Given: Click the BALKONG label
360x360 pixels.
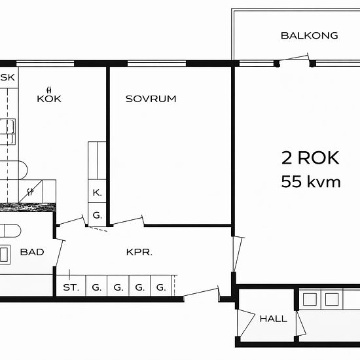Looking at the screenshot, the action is pos(309,35).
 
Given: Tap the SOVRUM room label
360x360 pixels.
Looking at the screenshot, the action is pos(151,99).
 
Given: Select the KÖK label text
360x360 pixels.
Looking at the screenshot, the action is pos(49,97).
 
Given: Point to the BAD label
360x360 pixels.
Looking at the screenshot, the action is pos(32,252).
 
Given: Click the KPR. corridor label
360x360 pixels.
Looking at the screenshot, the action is pos(139,252).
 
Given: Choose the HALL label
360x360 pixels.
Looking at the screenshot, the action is pos(273,319).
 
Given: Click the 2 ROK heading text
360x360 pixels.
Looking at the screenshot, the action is pos(310,158).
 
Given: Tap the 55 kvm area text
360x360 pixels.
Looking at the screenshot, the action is pos(311,181).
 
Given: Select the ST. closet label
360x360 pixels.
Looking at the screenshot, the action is pos(71,287).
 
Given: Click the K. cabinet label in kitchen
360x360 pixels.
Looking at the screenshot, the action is pos(97,193).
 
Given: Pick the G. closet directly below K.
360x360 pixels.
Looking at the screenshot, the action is pos(97,215).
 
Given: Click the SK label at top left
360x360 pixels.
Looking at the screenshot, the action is pos(8,77).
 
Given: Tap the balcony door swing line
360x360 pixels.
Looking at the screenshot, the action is pos(293,58).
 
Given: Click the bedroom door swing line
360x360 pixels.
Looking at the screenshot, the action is pos(128,221).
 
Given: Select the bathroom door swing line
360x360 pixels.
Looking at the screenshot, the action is pos(59,253).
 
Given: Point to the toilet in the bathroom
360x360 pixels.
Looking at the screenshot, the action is pos(10,230).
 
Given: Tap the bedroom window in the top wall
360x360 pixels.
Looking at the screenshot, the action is pos(156,63).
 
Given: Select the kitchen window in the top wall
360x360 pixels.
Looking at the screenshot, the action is pos(45,63).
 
